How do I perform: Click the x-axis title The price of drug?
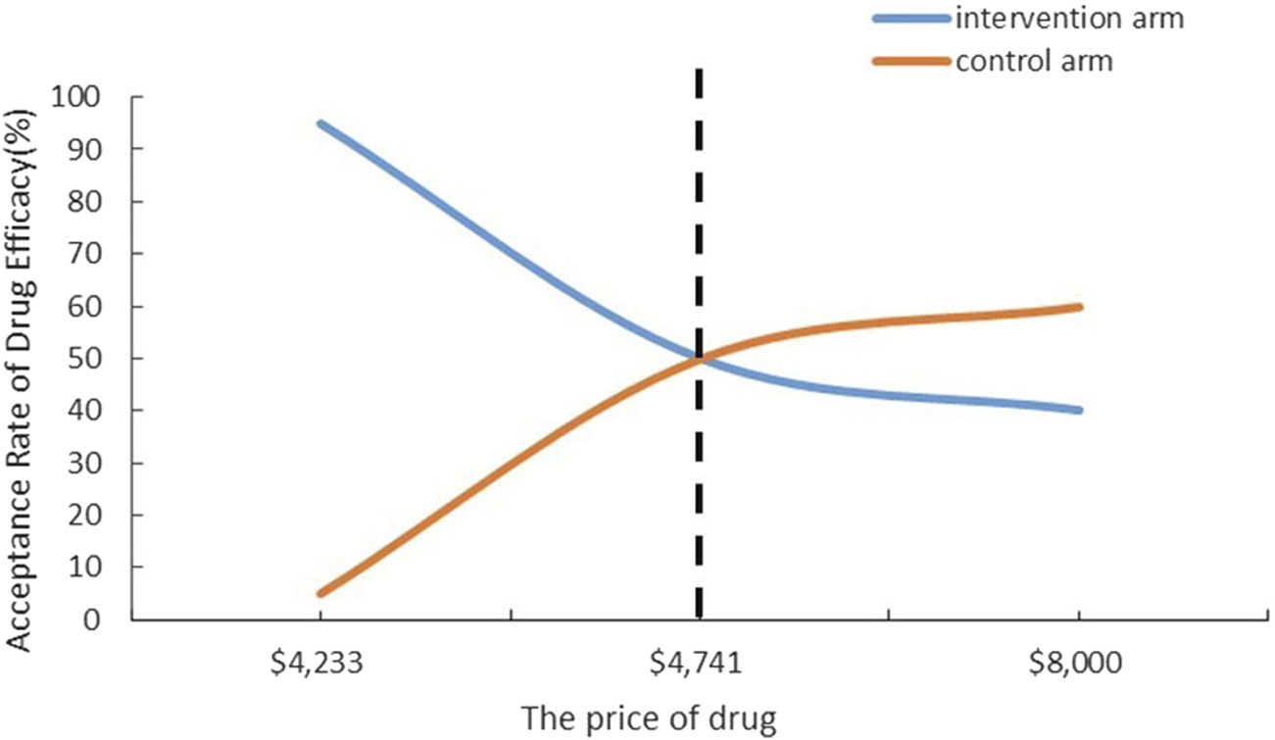click(649, 719)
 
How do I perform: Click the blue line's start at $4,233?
click(320, 123)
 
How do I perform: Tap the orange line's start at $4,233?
click(320, 593)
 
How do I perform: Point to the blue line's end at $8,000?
click(1078, 410)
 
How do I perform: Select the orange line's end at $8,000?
click(1078, 307)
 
